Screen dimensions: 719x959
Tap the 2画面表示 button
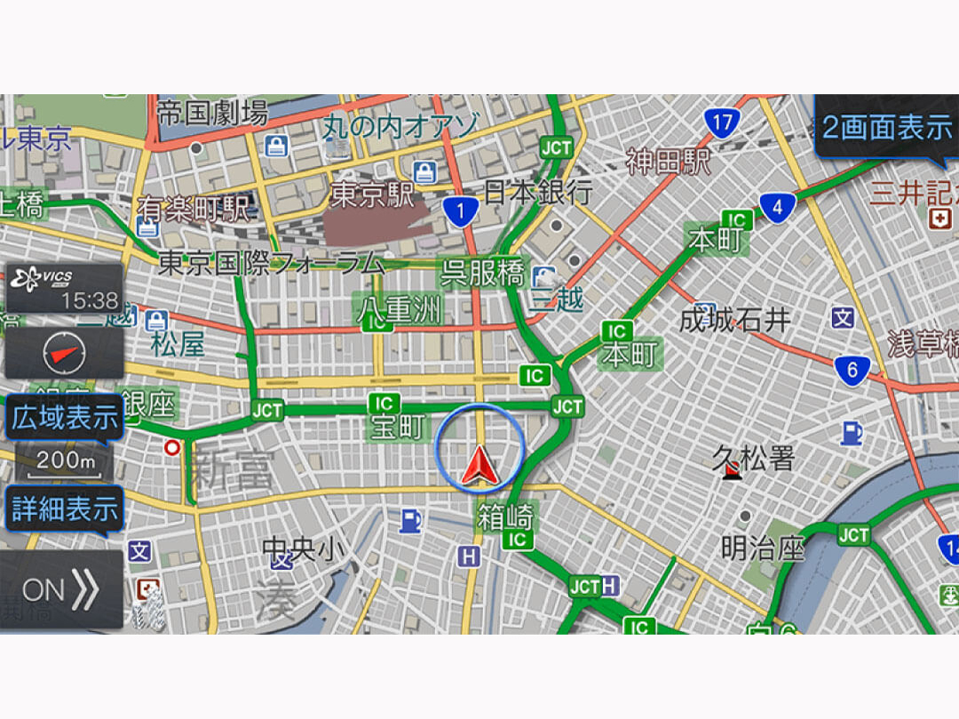pos(886,128)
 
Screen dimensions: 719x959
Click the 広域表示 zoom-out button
pos(64,418)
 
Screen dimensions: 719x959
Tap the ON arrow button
pos(60,590)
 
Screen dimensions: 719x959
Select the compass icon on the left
pos(65,354)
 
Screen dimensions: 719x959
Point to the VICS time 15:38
pos(89,301)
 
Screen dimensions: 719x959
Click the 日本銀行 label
pos(538,192)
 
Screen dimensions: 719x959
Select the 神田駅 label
pos(669,162)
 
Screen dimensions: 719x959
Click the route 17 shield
pos(722,122)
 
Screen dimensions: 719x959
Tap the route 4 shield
pos(777,209)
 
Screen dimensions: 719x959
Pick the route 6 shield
pos(852,370)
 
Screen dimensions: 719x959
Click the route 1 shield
pos(460,211)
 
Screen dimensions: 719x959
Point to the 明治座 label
pos(762,549)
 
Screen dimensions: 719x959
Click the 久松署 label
pos(753,458)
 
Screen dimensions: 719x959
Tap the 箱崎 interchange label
pos(504,515)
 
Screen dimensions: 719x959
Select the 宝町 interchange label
pos(397,427)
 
